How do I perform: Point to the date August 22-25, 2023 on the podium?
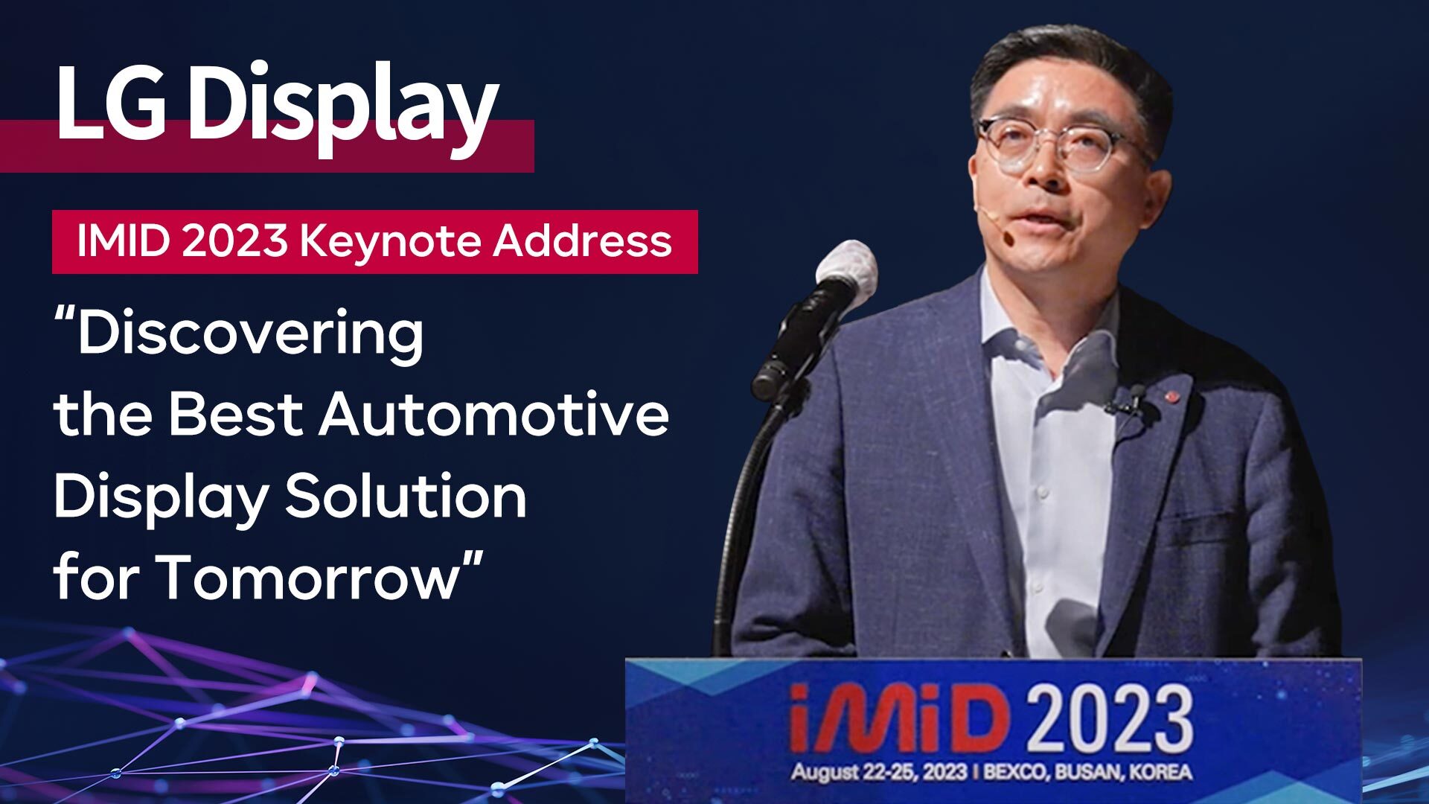click(879, 771)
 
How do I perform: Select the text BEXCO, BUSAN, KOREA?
click(1088, 771)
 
